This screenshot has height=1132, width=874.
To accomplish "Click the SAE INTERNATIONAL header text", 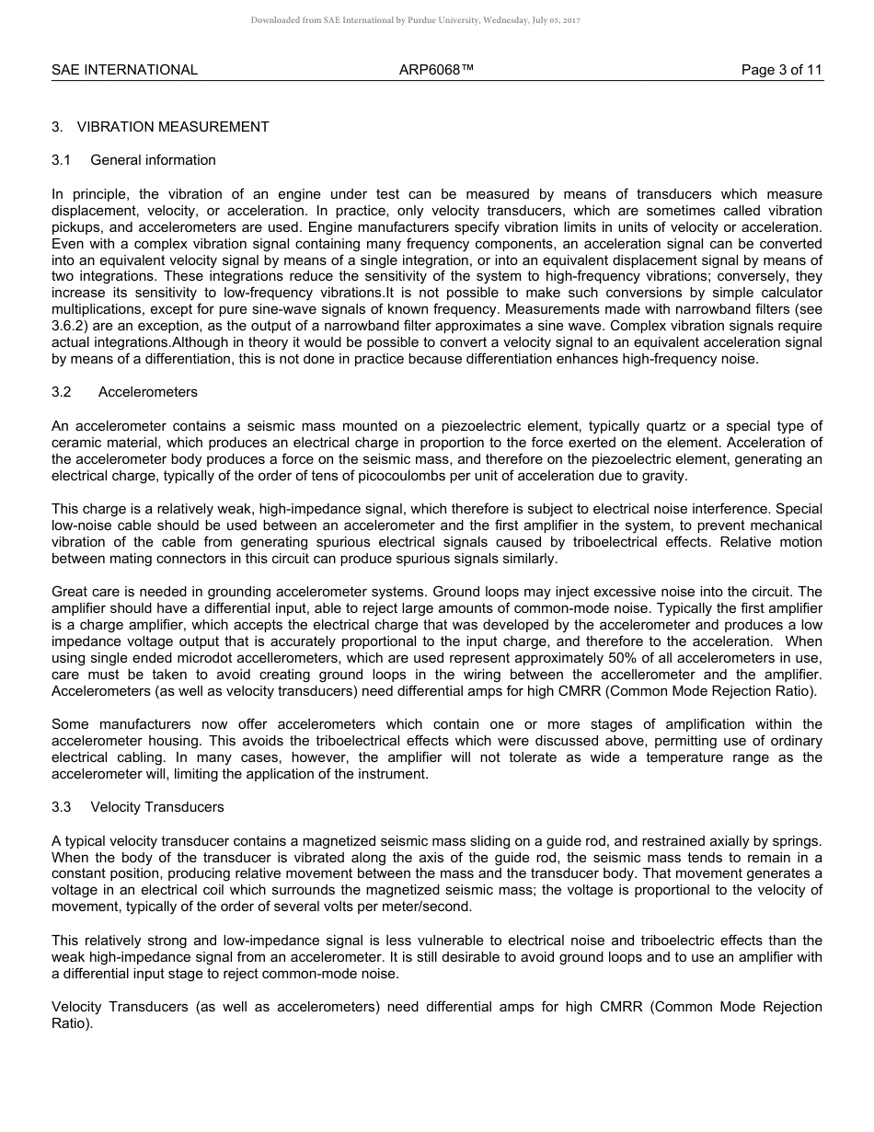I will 124,70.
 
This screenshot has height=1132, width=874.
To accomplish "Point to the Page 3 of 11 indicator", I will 782,70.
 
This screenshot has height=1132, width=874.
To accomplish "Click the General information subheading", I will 153,160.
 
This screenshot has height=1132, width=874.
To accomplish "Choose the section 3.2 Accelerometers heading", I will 147,392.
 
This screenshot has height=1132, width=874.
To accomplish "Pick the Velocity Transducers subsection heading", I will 156,807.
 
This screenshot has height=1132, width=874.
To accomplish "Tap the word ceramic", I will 76,443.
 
